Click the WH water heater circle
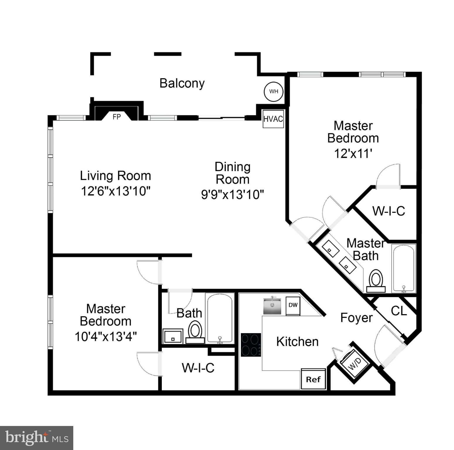coord(273,91)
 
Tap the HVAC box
coord(273,119)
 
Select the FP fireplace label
coord(117,117)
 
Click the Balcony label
coord(182,83)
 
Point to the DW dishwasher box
coord(293,305)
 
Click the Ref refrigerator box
coord(313,379)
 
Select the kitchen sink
coord(272,306)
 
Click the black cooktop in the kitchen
coord(251,345)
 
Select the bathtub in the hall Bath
coord(220,318)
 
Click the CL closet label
coord(399,311)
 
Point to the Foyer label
coord(356,318)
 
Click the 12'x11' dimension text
coord(353,153)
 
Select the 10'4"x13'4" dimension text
coord(106,336)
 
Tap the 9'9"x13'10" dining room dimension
coord(232,194)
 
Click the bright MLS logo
coord(37,438)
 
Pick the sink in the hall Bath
coord(173,336)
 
